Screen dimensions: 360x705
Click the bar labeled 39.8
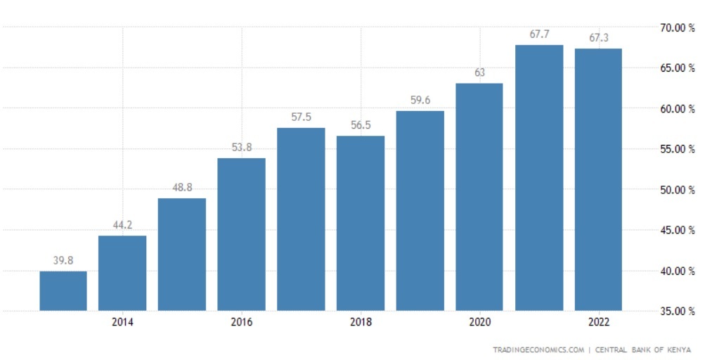pos(63,290)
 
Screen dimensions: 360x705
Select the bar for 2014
pos(122,273)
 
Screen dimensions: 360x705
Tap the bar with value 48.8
pos(182,254)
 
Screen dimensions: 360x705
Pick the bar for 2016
pos(242,234)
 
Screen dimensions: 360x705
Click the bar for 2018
pos(361,223)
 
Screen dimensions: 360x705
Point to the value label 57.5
pos(301,117)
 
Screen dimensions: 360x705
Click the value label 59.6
pos(420,101)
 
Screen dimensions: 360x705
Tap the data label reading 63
pos(479,72)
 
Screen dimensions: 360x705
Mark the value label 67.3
pos(598,38)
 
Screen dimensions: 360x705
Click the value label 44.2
pos(122,225)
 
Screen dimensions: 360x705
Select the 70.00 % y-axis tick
pos(672,27)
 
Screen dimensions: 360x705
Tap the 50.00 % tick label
pos(672,190)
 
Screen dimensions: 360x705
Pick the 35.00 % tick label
pos(672,311)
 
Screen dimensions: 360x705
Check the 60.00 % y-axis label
pos(672,109)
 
